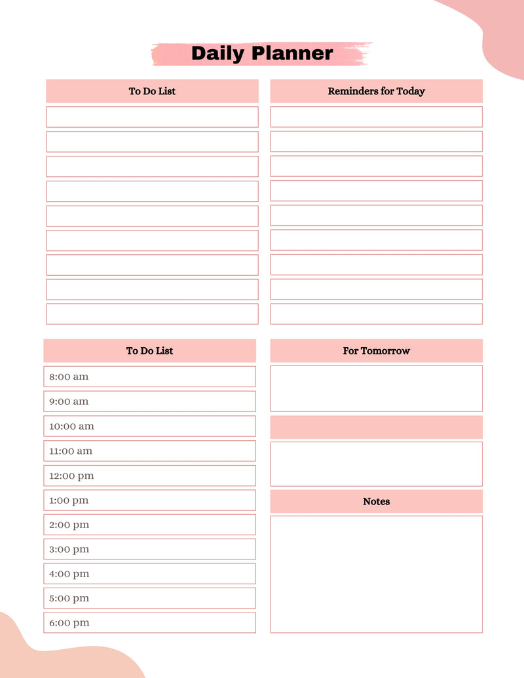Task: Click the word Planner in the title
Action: click(293, 54)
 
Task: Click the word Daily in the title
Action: click(217, 54)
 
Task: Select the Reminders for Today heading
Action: click(376, 91)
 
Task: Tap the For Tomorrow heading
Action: click(376, 350)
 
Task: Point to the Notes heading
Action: click(376, 501)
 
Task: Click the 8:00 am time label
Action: click(69, 377)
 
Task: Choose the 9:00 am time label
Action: click(69, 402)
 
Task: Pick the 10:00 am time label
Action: click(71, 426)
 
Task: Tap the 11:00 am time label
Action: click(71, 451)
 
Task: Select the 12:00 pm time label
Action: click(71, 476)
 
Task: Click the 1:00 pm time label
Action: click(69, 500)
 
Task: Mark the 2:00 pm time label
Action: click(69, 525)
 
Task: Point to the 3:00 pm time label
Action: click(69, 549)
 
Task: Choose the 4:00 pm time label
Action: click(69, 574)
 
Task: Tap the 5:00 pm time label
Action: click(69, 598)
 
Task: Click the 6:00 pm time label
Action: click(69, 623)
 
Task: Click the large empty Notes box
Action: click(376, 574)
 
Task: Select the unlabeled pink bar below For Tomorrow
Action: click(376, 427)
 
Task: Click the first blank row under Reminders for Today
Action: click(376, 117)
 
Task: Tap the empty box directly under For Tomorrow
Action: click(376, 388)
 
